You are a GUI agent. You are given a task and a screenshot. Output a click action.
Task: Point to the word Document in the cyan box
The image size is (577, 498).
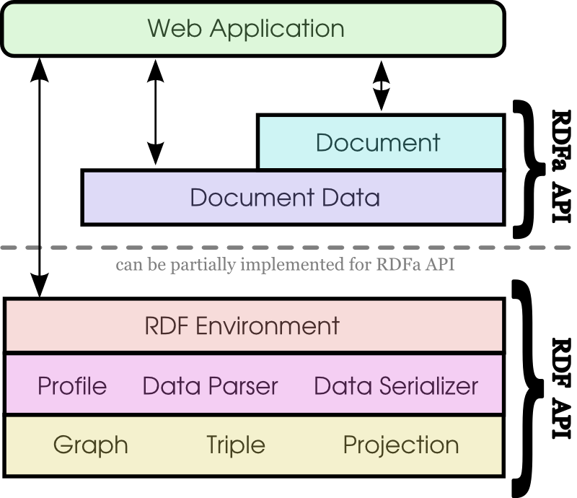378,143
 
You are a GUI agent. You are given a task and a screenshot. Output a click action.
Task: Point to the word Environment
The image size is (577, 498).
268,326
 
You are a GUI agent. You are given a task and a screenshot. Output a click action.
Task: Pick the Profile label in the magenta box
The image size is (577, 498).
72,386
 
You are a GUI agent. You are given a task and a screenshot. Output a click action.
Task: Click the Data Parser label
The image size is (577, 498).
210,386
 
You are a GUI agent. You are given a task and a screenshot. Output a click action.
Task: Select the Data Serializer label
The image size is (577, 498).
396,386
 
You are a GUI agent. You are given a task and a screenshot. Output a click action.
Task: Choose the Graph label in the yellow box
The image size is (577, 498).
91,445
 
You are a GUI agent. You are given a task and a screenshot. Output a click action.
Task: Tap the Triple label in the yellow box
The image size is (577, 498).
236,445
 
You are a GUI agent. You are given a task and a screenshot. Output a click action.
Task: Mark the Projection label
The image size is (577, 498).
401,445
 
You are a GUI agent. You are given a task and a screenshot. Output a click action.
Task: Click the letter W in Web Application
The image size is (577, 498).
159,29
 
